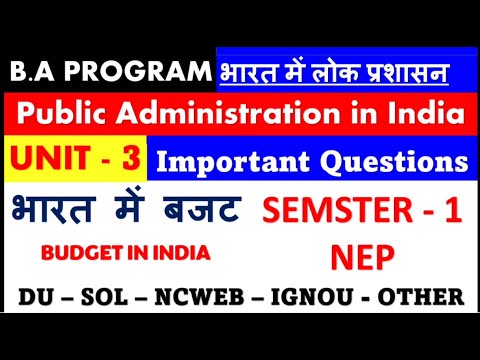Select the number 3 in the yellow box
(x=128, y=161)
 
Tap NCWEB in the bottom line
(x=211, y=297)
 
